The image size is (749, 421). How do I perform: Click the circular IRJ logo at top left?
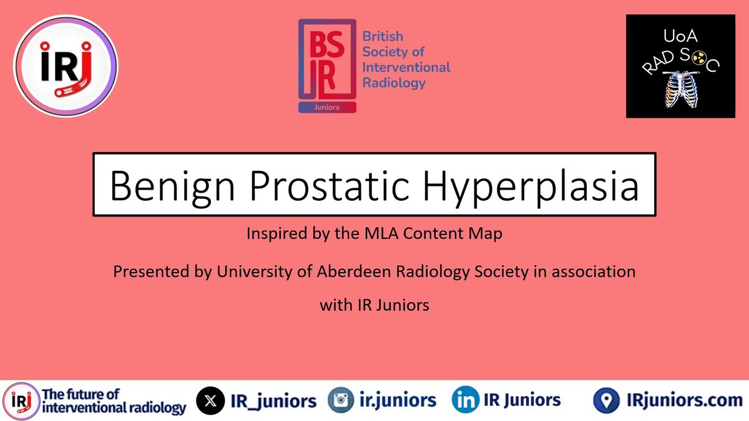point(66,66)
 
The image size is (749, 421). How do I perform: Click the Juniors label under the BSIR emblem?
point(327,107)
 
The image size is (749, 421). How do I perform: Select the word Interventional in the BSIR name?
point(406,67)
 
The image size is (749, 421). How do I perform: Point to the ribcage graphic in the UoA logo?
point(680,89)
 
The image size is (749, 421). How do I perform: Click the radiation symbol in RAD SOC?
point(698,59)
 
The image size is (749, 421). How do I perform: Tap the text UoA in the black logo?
point(680,36)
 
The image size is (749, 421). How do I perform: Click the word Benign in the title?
point(172,186)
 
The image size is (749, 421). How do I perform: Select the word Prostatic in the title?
point(330,186)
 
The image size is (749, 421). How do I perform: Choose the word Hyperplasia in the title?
point(531,186)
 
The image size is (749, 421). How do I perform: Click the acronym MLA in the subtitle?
point(381,233)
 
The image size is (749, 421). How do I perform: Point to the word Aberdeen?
point(354,271)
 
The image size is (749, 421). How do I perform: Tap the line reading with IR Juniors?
point(374,305)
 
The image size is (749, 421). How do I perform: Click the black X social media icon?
point(210,400)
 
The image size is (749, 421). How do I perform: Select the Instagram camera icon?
point(341,400)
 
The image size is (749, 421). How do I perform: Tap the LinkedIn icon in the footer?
point(465,400)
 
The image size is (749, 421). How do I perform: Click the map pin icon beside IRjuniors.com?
point(606,400)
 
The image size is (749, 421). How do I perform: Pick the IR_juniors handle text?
point(273,401)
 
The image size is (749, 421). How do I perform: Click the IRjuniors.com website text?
point(685,400)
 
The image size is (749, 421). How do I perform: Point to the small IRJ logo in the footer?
point(21,401)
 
